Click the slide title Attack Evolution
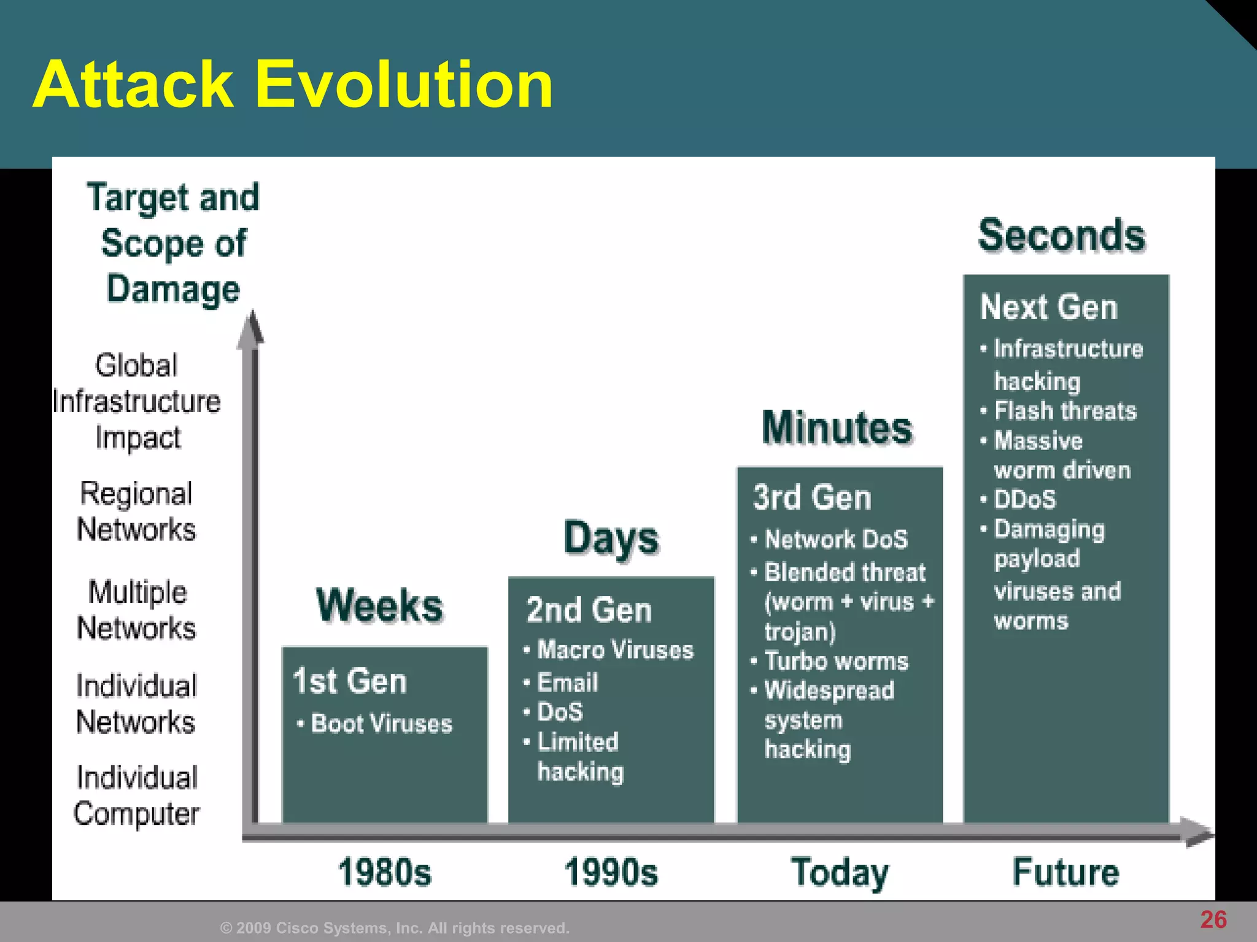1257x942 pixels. tap(293, 85)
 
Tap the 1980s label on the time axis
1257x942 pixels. tap(385, 872)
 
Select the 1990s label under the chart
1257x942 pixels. tap(611, 872)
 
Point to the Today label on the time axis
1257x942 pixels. tap(840, 872)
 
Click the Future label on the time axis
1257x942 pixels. tap(1066, 872)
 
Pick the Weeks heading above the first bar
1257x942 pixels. tap(380, 606)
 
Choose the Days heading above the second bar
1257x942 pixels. tap(611, 538)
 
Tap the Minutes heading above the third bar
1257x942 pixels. tap(837, 427)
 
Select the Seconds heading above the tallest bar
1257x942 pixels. tap(1062, 236)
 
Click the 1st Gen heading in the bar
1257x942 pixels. tap(350, 681)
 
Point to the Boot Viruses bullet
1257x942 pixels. tap(381, 724)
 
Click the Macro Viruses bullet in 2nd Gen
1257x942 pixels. tap(615, 650)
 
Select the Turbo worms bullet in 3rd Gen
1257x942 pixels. tap(836, 661)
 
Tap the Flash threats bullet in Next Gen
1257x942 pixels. tap(1065, 411)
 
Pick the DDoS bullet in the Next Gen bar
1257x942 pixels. tap(1025, 499)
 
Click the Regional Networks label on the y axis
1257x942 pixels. tap(136, 511)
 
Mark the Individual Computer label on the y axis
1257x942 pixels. tap(136, 795)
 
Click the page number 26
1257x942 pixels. tap(1213, 920)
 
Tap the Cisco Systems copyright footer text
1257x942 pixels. tap(395, 928)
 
